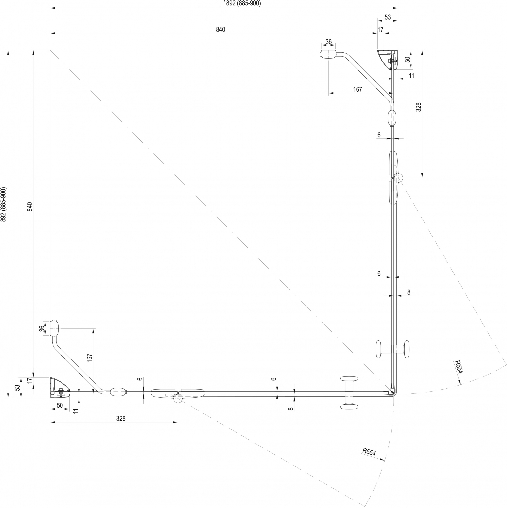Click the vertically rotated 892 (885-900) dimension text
[x=3, y=204]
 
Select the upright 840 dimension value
[x=220, y=30]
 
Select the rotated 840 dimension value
[x=29, y=207]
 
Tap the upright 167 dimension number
[x=358, y=89]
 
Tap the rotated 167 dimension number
[x=90, y=357]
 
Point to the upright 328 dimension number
[x=121, y=419]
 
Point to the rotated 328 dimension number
[x=418, y=107]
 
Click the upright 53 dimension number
[x=388, y=18]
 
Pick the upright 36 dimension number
[x=329, y=42]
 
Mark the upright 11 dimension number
[x=411, y=75]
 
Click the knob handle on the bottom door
[x=349, y=393]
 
